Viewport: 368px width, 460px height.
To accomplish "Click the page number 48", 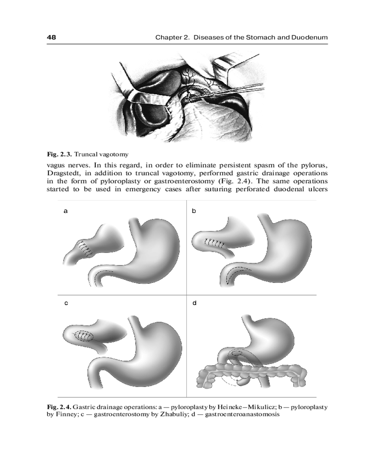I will point(52,37).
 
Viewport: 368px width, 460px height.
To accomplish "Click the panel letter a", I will point(66,211).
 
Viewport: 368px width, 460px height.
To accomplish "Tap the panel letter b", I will point(194,211).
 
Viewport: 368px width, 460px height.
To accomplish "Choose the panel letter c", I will point(66,303).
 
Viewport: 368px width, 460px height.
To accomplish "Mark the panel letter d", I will point(194,303).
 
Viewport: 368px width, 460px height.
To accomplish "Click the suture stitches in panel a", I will point(84,249).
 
